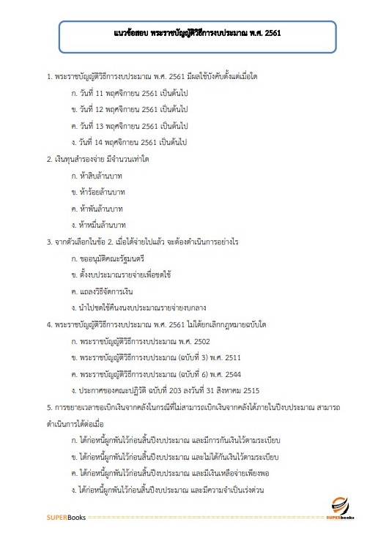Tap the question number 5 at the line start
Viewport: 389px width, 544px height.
pos(48,406)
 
